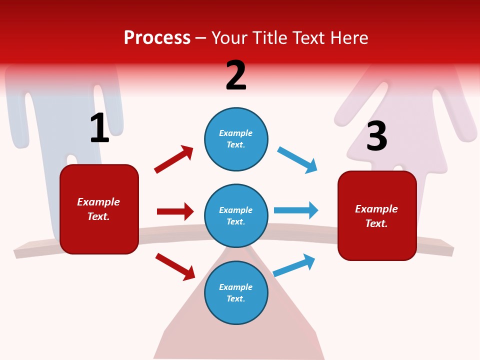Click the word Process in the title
(x=157, y=38)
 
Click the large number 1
(x=99, y=128)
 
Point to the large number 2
(x=236, y=75)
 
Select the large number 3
(x=377, y=136)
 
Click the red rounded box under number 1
(x=99, y=209)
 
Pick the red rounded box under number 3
(x=377, y=215)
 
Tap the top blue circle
(x=236, y=139)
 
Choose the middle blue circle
(x=236, y=215)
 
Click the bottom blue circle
(x=236, y=292)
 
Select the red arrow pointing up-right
(x=173, y=159)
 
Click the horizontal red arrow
(x=175, y=211)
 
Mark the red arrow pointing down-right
(x=175, y=266)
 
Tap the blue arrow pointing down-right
(x=297, y=160)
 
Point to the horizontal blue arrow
(x=296, y=210)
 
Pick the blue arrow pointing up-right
(x=294, y=265)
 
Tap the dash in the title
(x=201, y=38)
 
